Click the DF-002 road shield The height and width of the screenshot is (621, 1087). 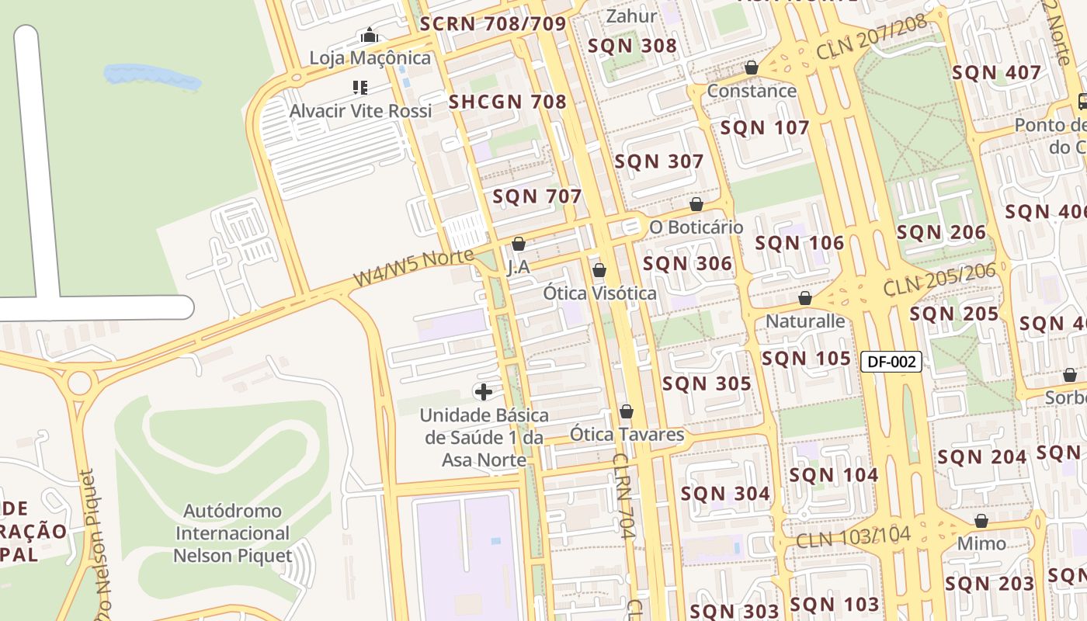point(891,361)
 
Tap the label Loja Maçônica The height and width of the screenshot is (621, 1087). point(370,58)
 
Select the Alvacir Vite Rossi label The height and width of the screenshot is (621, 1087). point(360,111)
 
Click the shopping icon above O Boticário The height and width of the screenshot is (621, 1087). point(696,204)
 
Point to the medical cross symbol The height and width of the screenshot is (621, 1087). point(484,391)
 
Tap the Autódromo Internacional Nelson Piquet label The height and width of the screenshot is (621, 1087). point(232,533)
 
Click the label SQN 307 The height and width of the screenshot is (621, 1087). point(658,161)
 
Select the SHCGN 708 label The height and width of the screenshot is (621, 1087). point(508,102)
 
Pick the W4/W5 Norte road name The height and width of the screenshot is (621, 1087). point(413,267)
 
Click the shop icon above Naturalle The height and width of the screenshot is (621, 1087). point(805,298)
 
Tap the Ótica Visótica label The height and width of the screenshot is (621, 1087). point(599,293)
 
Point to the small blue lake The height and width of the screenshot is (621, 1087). point(152,76)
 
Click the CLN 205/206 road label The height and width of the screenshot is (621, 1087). point(939,280)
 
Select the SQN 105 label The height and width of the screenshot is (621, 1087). point(806,358)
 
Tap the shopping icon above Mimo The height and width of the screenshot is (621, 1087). point(981,520)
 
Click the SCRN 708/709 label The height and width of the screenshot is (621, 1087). point(493,24)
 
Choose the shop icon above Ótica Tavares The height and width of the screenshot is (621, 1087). point(627,411)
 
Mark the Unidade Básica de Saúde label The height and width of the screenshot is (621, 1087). point(484,437)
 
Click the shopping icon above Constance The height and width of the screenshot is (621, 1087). point(751,68)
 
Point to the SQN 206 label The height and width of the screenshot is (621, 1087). point(941,232)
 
